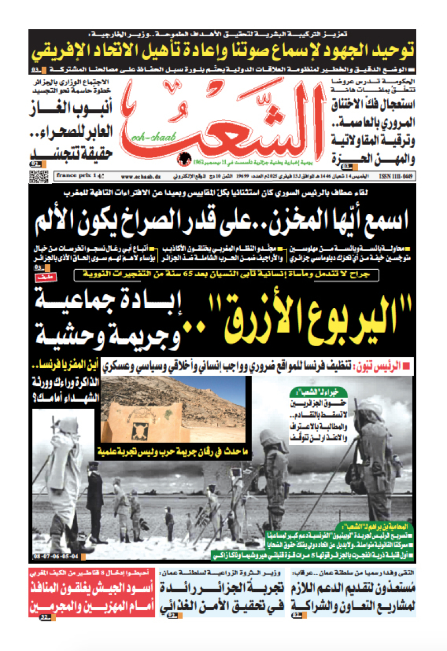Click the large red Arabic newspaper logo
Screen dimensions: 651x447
pyautogui.click(x=223, y=126)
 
